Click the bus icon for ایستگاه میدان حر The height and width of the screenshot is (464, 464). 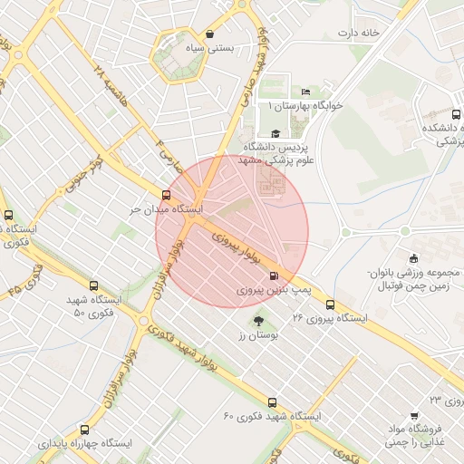pyautogui.click(x=166, y=195)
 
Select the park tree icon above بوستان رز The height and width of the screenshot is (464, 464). pyautogui.click(x=258, y=320)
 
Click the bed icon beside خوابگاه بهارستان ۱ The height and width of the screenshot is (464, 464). pyautogui.click(x=306, y=92)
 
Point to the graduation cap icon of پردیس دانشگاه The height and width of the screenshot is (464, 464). pyautogui.click(x=275, y=133)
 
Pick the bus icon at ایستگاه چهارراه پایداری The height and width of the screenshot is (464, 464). pyautogui.click(x=84, y=430)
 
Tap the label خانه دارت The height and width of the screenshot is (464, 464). pyautogui.click(x=357, y=34)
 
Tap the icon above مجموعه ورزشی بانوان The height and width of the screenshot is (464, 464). pyautogui.click(x=413, y=260)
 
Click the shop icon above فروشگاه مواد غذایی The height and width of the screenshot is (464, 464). pyautogui.click(x=414, y=415)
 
